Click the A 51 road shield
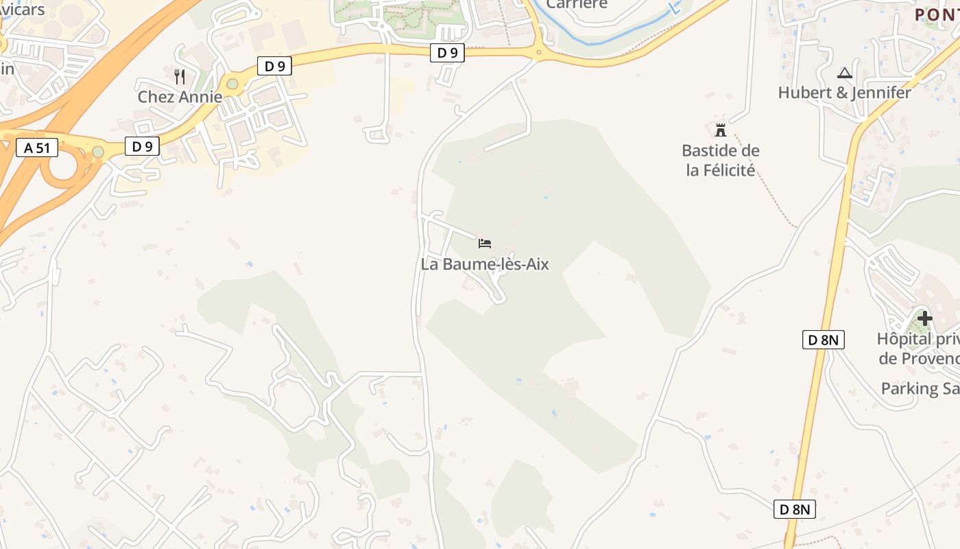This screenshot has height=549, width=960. click(37, 148)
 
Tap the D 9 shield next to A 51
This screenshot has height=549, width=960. click(142, 146)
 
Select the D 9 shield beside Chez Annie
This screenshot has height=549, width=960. click(275, 66)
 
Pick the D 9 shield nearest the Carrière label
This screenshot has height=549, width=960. click(447, 53)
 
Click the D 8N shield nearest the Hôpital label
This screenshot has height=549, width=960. click(823, 340)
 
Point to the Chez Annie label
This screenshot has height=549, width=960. click(180, 97)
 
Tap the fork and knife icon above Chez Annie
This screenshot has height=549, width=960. click(180, 76)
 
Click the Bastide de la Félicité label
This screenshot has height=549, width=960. click(720, 160)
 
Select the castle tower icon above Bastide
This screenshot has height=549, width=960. click(720, 130)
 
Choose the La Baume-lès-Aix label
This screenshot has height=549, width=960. click(485, 264)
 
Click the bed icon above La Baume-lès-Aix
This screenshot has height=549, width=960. click(485, 243)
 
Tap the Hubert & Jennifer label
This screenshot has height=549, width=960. click(844, 93)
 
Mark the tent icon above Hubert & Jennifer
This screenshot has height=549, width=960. click(845, 73)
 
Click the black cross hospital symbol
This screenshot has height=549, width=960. click(925, 318)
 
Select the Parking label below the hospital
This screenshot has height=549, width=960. click(920, 388)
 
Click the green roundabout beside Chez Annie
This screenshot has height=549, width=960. click(232, 84)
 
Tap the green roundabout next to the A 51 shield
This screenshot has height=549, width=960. click(98, 151)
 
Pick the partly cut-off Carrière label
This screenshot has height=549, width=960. click(577, 5)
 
